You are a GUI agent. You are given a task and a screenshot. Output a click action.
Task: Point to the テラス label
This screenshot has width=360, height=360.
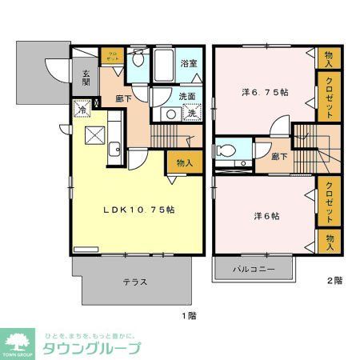coord(134,282)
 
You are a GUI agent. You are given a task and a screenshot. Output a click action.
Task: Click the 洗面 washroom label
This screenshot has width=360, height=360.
coord(188,96)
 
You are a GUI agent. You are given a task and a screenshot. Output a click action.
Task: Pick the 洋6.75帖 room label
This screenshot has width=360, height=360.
coord(266,92)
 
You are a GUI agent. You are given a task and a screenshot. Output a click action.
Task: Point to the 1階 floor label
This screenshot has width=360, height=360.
coord(188,316)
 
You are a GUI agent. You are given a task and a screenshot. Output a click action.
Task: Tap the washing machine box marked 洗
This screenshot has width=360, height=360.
coord(192,113)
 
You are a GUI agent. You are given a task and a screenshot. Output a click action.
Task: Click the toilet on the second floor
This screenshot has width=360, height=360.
coord(226,150)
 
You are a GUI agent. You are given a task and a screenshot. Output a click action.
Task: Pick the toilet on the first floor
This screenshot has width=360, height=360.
coord(138,59)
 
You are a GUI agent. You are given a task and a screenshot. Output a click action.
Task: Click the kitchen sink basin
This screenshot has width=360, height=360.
coord(114,146)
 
